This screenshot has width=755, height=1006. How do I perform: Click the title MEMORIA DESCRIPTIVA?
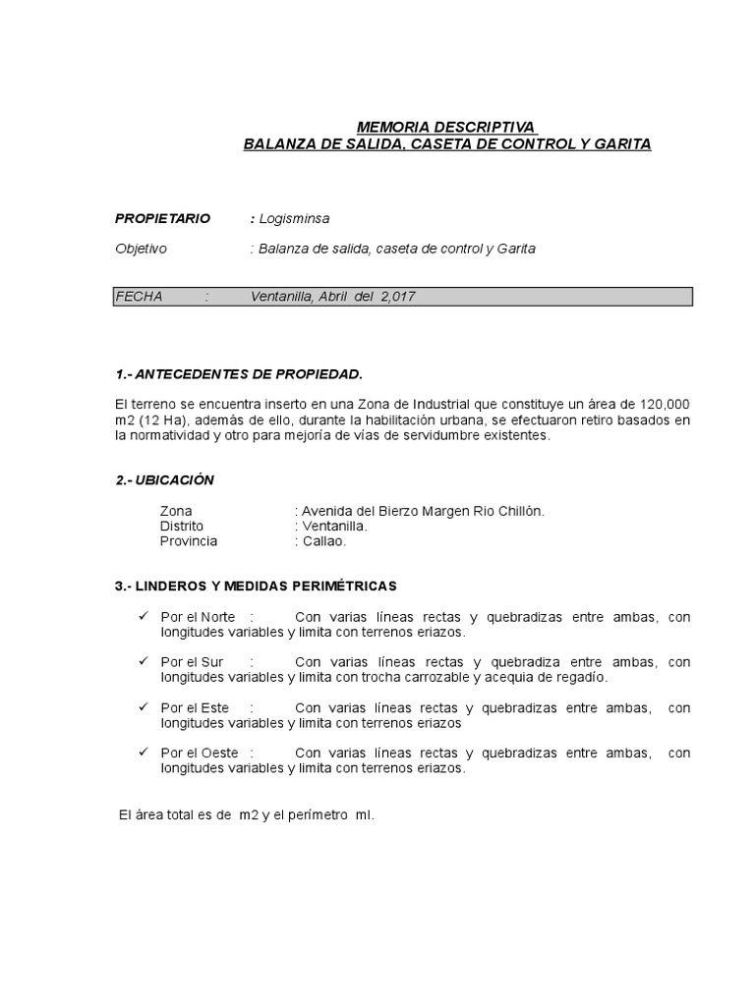(445, 128)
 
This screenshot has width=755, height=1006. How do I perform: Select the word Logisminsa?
(294, 218)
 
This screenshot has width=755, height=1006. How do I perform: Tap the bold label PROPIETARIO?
(162, 218)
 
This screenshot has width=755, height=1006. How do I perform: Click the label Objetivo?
(142, 249)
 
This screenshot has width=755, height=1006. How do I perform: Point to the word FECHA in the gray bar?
(139, 297)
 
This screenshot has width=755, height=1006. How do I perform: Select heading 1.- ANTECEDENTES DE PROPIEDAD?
(239, 374)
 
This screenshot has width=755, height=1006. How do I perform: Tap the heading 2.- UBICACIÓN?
(164, 479)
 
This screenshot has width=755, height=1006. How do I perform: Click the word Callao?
(323, 541)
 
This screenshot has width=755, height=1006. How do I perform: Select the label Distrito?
(182, 527)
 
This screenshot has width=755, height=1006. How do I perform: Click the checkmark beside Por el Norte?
(144, 616)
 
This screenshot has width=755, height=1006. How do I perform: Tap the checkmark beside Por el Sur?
(144, 661)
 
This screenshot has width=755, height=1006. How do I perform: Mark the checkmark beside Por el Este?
(144, 707)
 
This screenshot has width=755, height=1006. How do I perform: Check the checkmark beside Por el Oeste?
(144, 753)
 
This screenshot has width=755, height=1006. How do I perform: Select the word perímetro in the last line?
(316, 815)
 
